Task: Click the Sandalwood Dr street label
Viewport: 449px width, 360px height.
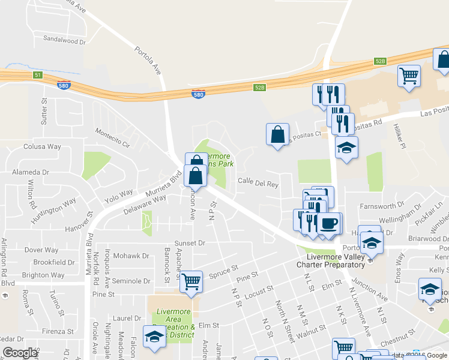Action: tap(65, 40)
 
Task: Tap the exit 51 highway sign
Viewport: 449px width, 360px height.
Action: tap(38, 74)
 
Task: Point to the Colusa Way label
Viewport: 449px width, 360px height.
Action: tap(43, 146)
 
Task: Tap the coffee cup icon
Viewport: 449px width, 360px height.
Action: tap(328, 224)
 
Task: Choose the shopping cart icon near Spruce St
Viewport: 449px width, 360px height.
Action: tap(191, 281)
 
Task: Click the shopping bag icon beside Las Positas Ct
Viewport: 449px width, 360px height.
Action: tap(278, 134)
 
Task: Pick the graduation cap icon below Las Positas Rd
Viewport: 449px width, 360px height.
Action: tap(346, 148)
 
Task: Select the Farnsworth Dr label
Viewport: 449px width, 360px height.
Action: tap(380, 207)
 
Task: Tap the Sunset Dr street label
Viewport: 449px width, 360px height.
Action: tap(190, 244)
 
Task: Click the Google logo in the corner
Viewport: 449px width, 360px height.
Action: tap(20, 353)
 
